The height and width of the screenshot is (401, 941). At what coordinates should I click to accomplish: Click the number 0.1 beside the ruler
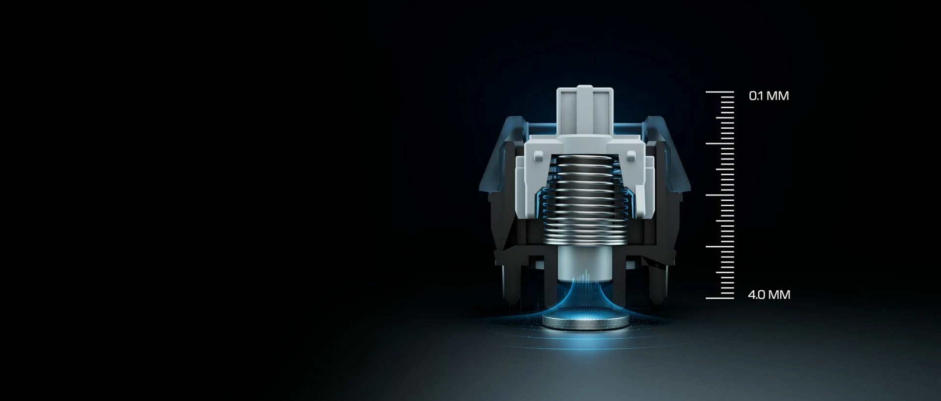(x=756, y=95)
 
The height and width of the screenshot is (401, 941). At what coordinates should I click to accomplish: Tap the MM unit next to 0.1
(x=778, y=95)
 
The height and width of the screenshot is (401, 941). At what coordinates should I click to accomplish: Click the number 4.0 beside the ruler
(x=756, y=295)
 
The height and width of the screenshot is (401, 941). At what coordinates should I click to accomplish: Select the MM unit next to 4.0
(x=779, y=295)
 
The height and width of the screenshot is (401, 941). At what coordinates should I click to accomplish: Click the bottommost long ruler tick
(x=719, y=298)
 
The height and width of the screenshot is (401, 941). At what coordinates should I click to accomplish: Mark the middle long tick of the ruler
(x=719, y=195)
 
